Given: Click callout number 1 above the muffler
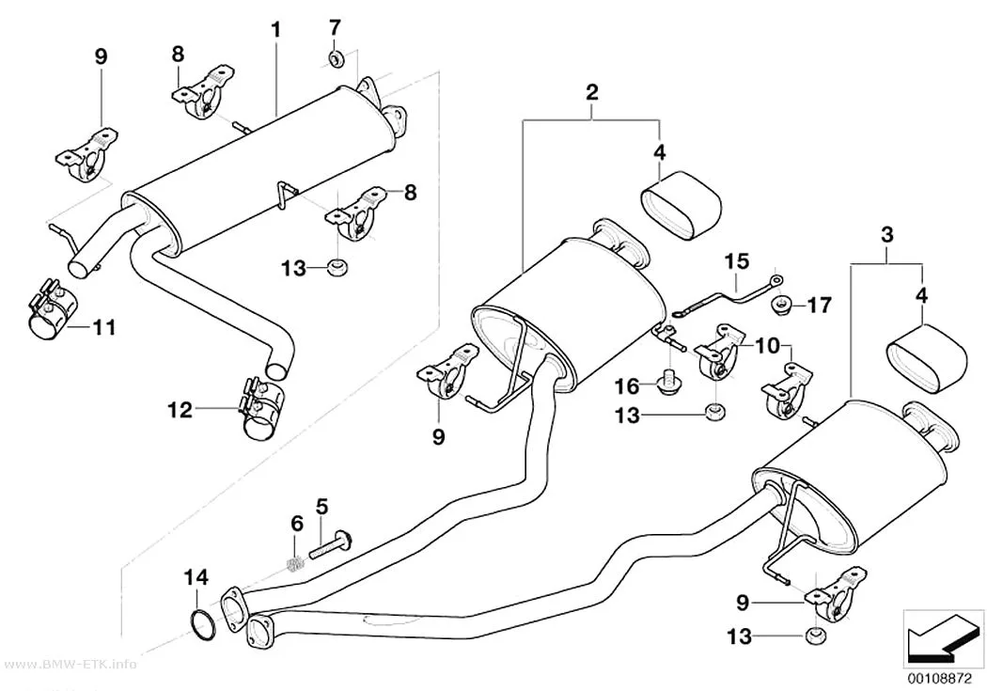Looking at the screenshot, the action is tap(275, 29).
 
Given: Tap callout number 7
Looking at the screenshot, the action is tap(335, 27).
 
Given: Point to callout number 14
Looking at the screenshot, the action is tap(196, 577).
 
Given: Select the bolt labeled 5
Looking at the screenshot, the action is tap(331, 544).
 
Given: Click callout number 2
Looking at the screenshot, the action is tap(591, 92).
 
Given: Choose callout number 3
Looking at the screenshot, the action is tap(886, 235).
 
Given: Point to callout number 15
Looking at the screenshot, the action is tap(737, 260).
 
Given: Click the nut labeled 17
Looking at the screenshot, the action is tap(780, 304).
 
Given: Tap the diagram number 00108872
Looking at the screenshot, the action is tap(942, 681).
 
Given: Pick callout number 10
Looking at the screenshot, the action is tap(767, 345).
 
